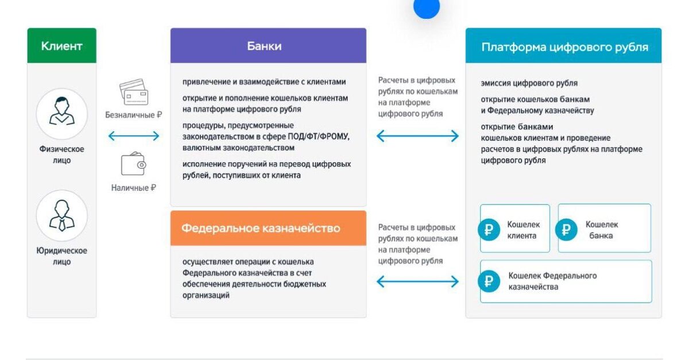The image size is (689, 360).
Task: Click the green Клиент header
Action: click(x=61, y=46)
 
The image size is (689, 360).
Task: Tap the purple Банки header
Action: click(x=268, y=46)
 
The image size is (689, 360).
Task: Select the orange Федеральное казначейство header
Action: click(x=268, y=228)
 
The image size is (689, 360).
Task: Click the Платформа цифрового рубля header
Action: click(x=563, y=47)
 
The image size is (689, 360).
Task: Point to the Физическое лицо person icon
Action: click(x=61, y=113)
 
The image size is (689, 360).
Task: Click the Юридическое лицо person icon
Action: click(x=61, y=215)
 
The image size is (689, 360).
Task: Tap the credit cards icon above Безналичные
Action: click(x=134, y=92)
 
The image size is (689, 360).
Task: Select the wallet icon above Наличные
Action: click(x=134, y=164)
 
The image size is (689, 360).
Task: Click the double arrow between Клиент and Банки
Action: click(x=134, y=136)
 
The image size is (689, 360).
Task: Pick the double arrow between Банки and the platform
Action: click(x=417, y=136)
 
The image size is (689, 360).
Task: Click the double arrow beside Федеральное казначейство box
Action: click(x=417, y=281)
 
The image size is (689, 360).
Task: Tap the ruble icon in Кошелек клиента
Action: click(x=489, y=230)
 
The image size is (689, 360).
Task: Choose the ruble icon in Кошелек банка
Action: click(x=566, y=230)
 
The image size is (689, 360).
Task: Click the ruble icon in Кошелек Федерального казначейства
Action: click(x=489, y=281)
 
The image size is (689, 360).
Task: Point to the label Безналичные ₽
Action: click(x=134, y=115)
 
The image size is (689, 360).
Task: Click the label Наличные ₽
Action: click(x=134, y=188)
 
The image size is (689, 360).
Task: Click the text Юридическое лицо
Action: click(x=61, y=256)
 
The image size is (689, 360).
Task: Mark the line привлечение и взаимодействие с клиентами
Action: click(x=264, y=82)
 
